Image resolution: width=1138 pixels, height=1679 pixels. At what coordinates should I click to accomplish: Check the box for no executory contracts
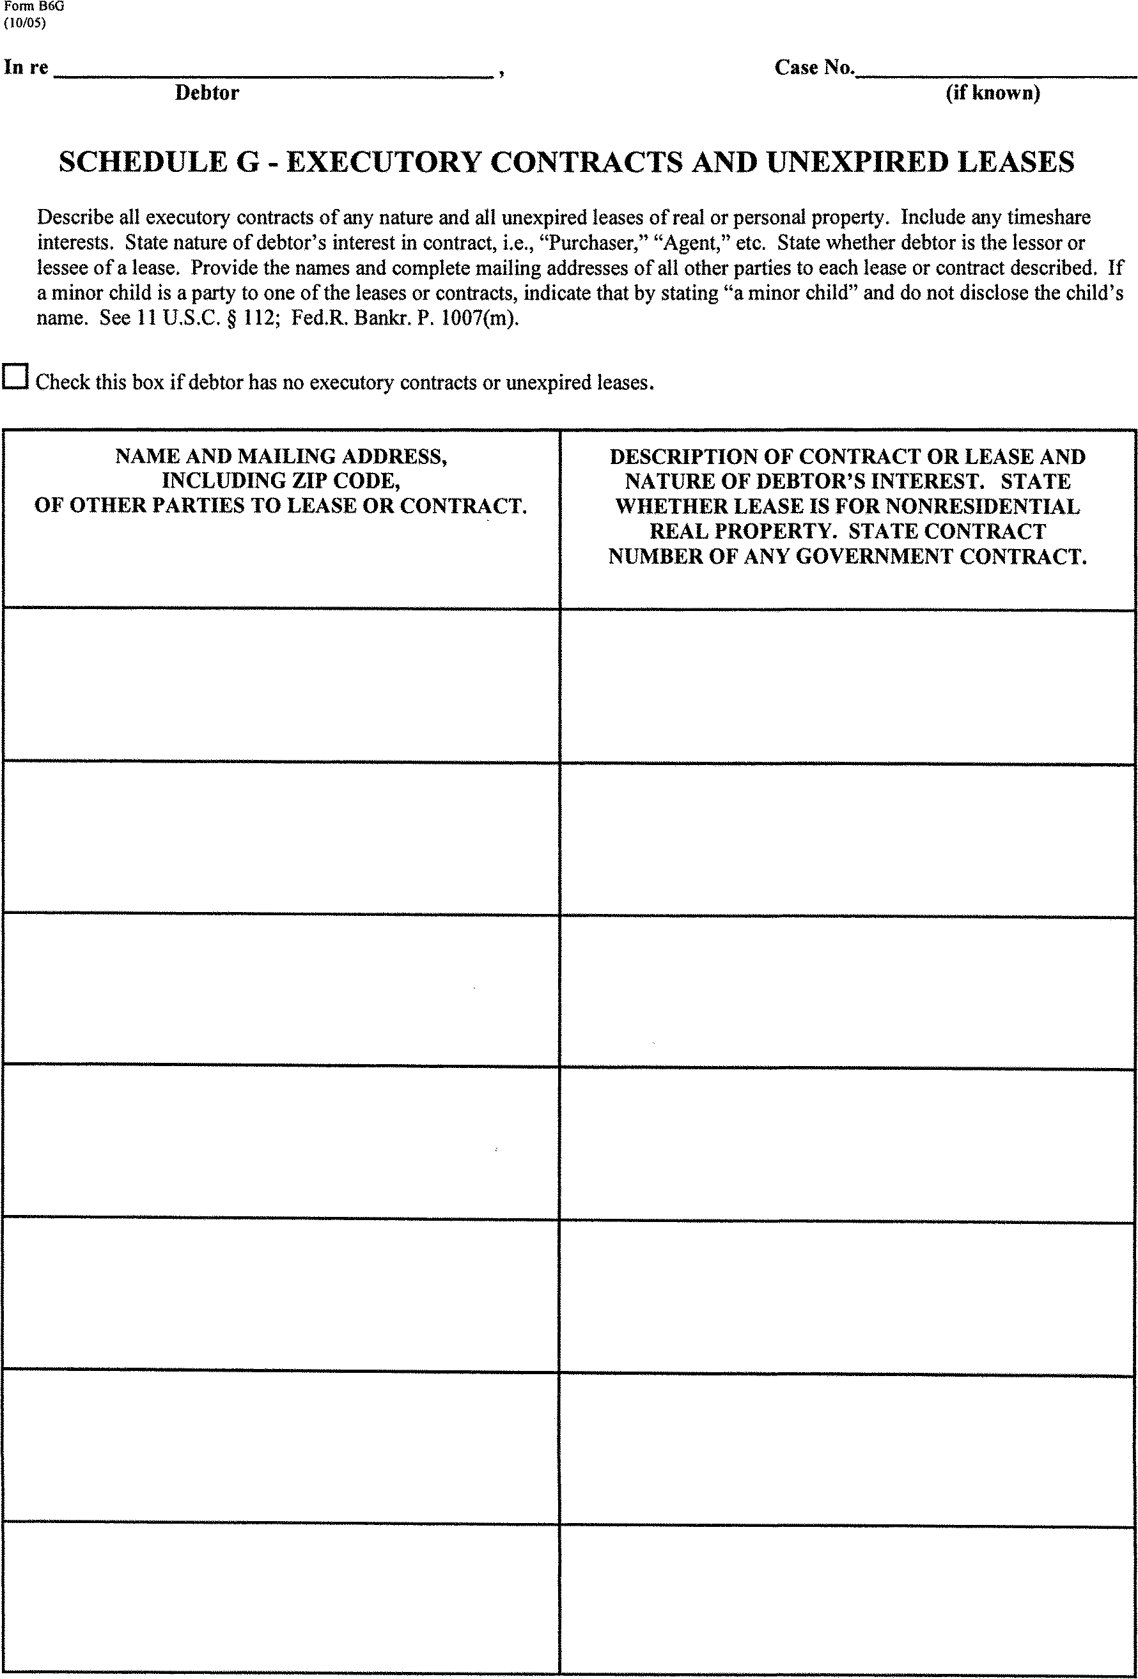click(15, 376)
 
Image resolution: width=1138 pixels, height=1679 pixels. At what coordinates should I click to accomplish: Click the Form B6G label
click(34, 6)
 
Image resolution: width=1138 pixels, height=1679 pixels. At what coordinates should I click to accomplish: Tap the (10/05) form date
click(24, 22)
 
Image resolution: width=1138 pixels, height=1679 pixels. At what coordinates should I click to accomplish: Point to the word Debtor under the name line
click(207, 93)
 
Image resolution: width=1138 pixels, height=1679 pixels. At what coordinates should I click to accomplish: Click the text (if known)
click(993, 93)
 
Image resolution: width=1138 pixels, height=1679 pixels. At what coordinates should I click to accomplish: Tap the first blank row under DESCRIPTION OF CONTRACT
click(847, 686)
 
